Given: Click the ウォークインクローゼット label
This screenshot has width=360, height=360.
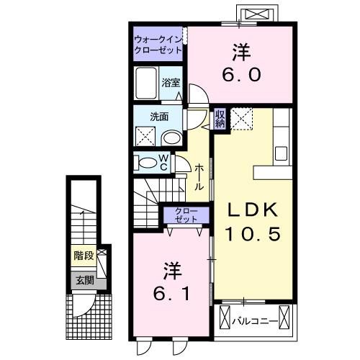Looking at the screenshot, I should click(158, 45).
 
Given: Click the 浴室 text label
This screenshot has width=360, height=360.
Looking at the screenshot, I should click(171, 83).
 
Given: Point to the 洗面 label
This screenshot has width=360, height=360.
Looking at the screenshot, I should click(159, 116).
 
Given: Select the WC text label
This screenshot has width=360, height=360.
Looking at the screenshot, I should click(163, 162).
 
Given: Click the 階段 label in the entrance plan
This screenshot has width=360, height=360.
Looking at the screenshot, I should click(83, 256).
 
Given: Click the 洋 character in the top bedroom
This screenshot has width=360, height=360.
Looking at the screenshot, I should click(240, 52).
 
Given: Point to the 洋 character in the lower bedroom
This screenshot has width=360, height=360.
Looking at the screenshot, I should click(171, 272).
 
